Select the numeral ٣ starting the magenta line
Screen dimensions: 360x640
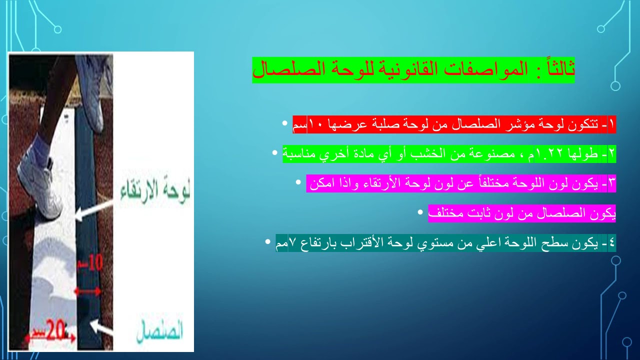612,183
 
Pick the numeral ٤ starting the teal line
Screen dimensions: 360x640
612,243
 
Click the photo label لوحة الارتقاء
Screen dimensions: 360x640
155,192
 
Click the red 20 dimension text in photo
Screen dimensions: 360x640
57,330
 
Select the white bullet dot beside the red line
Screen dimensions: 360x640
284,122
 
